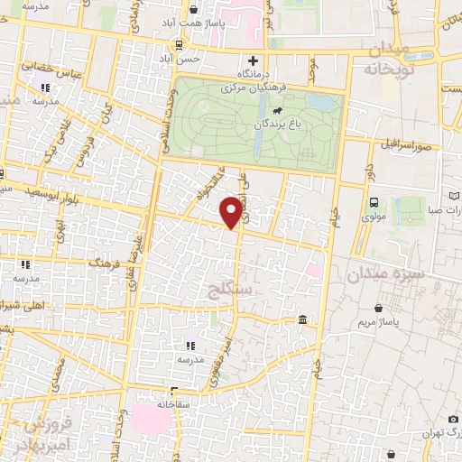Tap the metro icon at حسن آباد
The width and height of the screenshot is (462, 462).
coord(180,44)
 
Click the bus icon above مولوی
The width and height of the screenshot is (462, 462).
coord(374,202)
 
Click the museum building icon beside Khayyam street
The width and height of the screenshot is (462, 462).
coord(302,320)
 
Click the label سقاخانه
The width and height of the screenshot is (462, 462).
coord(169,403)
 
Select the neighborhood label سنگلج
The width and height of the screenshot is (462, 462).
coord(228,291)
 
